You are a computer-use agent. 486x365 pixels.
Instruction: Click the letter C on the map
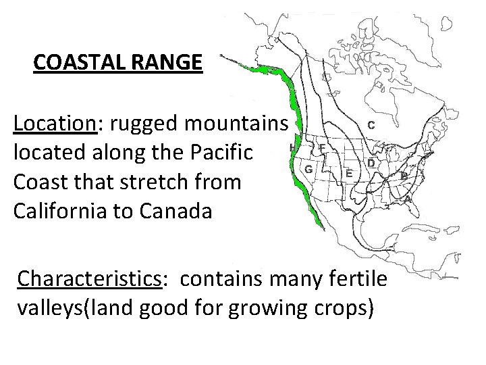(x=371, y=125)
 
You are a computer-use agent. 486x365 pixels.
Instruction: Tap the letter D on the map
(x=371, y=163)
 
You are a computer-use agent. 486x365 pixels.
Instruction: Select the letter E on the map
(x=348, y=172)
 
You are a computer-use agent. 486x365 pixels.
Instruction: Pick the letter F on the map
(x=322, y=147)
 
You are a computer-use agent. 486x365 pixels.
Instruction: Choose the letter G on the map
(x=308, y=168)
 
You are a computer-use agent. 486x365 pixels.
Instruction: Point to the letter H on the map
(x=292, y=147)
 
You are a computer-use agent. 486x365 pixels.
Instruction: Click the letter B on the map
(x=404, y=175)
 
